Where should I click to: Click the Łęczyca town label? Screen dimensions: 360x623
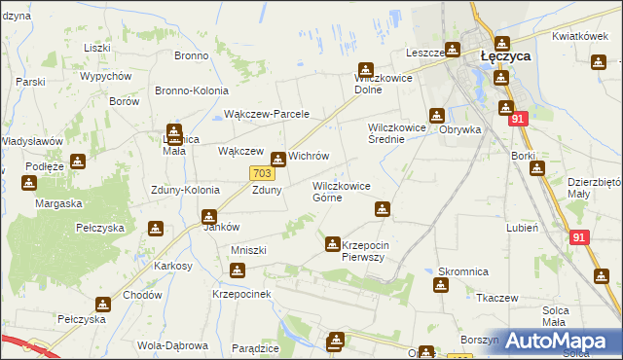506,57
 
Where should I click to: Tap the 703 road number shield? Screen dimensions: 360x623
260,172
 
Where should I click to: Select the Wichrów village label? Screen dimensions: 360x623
309,157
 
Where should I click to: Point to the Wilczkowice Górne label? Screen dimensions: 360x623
341,191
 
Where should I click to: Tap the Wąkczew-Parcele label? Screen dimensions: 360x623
266,114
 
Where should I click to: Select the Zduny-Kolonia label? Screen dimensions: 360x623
185,190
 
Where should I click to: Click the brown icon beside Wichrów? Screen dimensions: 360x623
278,158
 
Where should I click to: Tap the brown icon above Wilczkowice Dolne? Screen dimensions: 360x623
366,70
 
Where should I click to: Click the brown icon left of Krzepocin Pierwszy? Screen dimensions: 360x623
333,243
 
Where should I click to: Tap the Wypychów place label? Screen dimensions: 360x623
106,76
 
